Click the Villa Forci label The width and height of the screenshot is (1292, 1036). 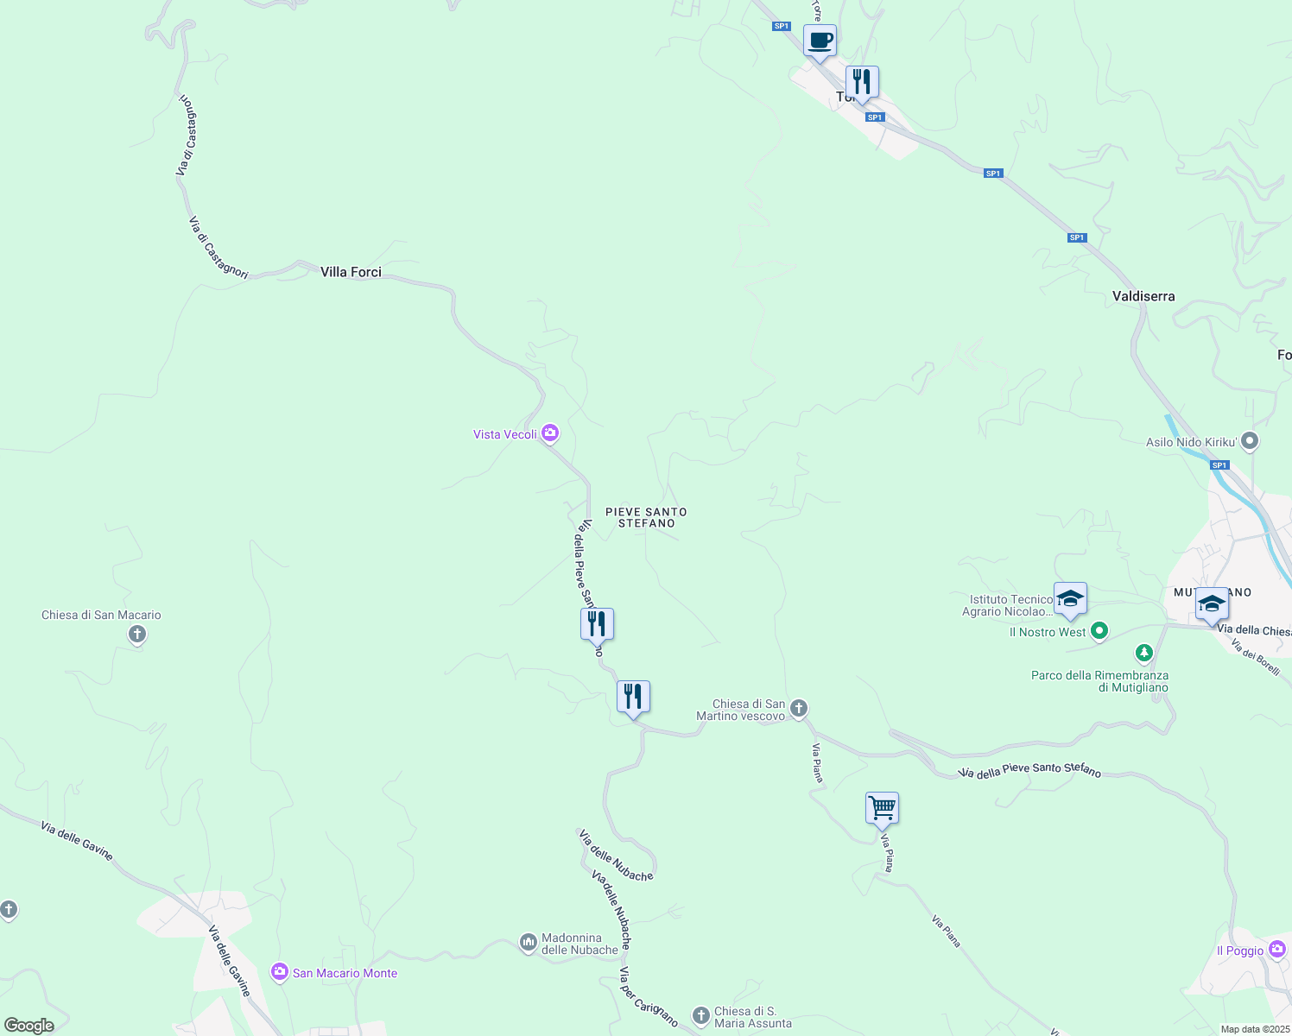[351, 272]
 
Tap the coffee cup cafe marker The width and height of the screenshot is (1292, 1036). [820, 41]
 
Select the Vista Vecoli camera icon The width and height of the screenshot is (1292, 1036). [550, 433]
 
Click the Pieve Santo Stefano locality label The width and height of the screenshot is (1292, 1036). [646, 517]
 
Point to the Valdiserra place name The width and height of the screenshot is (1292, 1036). [1143, 296]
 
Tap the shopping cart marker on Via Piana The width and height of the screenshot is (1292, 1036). [882, 809]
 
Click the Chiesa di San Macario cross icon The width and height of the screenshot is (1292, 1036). [136, 635]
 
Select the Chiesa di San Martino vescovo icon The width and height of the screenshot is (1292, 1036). [799, 709]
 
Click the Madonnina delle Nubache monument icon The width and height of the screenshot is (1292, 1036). [529, 943]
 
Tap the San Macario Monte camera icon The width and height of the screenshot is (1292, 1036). [279, 972]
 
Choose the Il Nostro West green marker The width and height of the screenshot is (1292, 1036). [1099, 631]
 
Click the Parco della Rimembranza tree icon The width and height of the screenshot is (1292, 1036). [1143, 653]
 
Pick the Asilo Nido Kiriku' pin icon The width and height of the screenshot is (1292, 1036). [1249, 441]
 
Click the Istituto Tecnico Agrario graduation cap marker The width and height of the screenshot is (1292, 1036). [1070, 599]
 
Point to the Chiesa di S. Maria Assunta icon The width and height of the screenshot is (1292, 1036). [701, 1015]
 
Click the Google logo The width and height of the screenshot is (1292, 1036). [29, 1026]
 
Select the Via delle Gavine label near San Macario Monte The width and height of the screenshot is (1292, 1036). [229, 961]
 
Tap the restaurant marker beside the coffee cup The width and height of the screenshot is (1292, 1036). [862, 82]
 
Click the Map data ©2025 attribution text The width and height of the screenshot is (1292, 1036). [1255, 1029]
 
